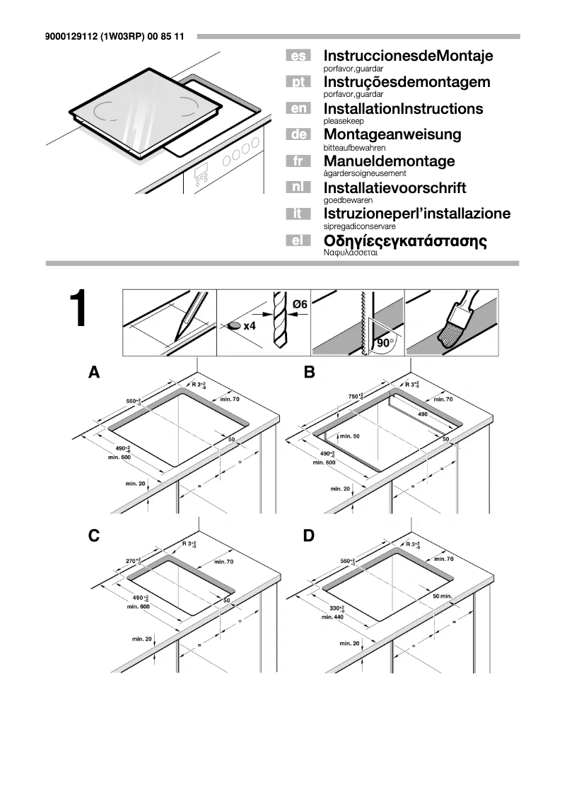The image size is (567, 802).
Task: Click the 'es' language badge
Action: pos(298,56)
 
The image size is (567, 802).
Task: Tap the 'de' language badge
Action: pos(298,134)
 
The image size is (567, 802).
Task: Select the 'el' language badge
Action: pos(298,241)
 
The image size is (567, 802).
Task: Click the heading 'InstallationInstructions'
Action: pos(403,109)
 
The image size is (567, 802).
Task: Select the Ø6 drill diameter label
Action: pos(299,304)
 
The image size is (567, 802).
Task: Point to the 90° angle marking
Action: pos(385,342)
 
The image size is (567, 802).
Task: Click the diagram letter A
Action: pos(93,372)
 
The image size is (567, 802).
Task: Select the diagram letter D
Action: pos(308,536)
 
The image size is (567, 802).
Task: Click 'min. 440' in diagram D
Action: pos(332,617)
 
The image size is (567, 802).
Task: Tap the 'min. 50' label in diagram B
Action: pos(349,436)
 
